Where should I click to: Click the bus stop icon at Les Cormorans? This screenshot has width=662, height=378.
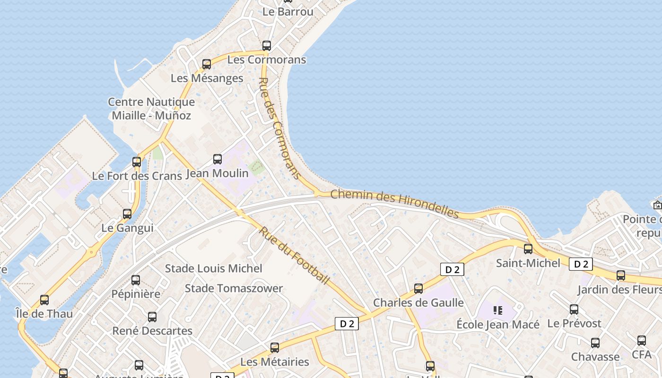267,46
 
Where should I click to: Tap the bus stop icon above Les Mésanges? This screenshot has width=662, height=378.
207,64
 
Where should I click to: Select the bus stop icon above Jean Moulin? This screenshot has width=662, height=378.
218,159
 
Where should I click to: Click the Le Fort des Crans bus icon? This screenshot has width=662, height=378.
137,162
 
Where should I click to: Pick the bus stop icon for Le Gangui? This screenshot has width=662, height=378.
127,214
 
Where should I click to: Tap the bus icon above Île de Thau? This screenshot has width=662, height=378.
44,300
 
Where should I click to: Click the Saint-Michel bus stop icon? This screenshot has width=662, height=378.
528,249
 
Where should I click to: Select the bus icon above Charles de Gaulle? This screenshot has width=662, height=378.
418,289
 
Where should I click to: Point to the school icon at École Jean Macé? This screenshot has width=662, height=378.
497,310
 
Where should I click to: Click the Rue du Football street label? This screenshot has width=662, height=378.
294,256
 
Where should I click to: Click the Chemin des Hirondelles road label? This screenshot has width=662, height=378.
395,204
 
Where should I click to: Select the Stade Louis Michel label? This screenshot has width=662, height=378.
213,268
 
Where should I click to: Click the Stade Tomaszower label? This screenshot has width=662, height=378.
234,288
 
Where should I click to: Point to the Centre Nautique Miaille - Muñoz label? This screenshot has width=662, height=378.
151,108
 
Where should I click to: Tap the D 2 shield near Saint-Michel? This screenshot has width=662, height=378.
581,264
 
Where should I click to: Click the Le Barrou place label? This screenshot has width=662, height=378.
288,12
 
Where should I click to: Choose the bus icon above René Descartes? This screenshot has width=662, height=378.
152,317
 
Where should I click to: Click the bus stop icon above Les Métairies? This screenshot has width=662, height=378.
275,348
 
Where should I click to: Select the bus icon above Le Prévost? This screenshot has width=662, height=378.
574,310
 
